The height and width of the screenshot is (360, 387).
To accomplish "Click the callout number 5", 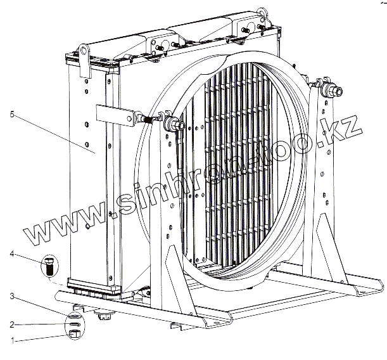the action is tap(12, 114).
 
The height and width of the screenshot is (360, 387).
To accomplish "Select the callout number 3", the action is tap(12, 296).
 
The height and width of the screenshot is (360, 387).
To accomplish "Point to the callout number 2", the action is tap(12, 324).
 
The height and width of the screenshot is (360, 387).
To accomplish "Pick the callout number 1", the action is tap(12, 340).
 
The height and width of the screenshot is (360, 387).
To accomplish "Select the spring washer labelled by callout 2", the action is tap(75, 323).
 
